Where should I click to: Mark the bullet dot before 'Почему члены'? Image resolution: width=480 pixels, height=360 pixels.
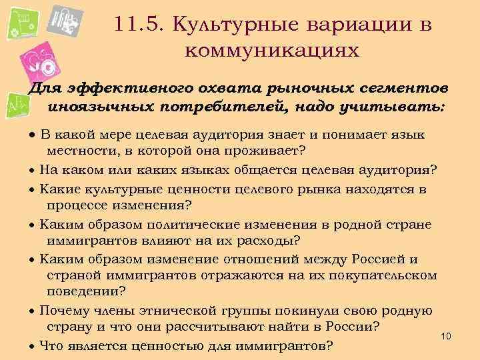click(x=32, y=311)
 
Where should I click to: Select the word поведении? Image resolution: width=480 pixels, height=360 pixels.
click(x=86, y=291)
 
